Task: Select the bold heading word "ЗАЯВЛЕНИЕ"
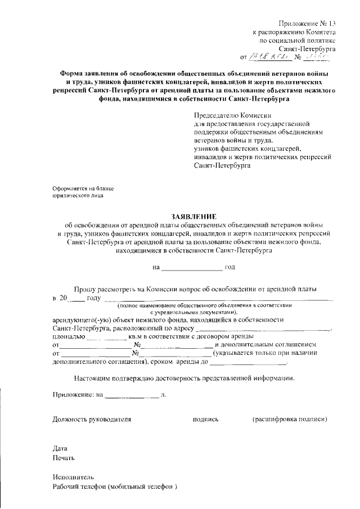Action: point(193,216)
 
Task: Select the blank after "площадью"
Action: point(106,338)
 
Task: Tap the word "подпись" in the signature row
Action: point(205,420)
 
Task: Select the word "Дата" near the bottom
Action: point(60,449)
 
